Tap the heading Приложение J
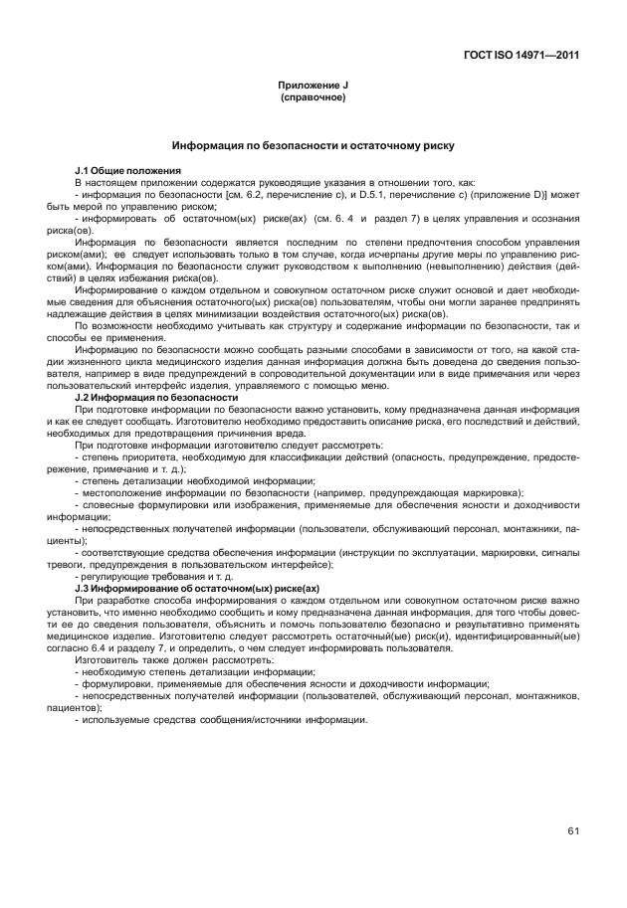click(x=313, y=87)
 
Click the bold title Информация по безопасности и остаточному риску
click(x=313, y=145)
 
